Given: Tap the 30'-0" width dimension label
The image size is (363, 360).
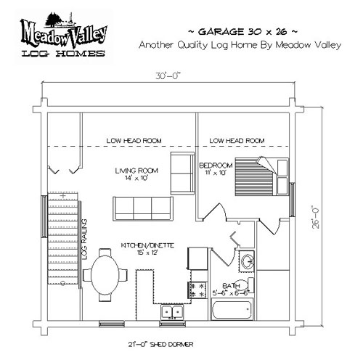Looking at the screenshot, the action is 168,76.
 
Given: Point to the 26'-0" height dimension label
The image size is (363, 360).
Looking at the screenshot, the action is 316,217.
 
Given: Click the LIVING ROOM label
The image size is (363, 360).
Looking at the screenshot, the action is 136,171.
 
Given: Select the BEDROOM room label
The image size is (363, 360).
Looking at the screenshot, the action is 216,165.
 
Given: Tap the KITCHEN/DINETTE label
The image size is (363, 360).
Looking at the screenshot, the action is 147,245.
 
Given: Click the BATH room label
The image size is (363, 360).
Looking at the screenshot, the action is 231,286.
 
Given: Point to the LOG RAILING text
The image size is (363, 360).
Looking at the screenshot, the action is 84,239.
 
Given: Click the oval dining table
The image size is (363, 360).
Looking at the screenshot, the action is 105,275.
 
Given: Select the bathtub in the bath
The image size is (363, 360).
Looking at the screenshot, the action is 232,310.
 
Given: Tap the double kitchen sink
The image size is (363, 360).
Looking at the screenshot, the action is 172,312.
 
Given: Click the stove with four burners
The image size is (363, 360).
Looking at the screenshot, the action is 198,290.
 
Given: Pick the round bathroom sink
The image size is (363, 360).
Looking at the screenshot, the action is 248,261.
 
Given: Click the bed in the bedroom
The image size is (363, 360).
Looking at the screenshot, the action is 262,176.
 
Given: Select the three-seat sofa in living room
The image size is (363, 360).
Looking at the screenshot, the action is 143,208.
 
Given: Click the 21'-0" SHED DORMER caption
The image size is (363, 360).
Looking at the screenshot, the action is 160,344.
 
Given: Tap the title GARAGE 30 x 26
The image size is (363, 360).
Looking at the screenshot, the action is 242,31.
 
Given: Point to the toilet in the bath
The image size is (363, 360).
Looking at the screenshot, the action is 247,285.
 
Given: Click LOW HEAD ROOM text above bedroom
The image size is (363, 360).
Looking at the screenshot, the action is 237,141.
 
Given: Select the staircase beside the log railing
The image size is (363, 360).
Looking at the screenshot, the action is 62,238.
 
